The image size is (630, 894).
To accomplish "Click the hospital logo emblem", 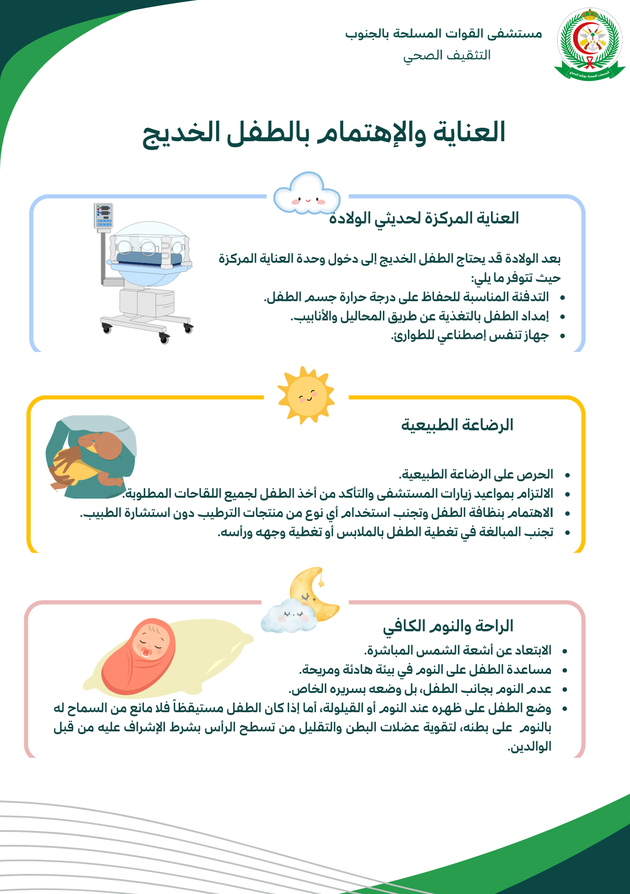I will pos(589,44).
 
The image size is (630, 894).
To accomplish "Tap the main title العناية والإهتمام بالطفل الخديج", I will pos(324,133).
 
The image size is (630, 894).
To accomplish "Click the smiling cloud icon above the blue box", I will pos(307,194).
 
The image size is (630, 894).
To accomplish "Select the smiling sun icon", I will pos(306,395).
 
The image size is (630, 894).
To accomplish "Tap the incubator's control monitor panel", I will pos(103,215).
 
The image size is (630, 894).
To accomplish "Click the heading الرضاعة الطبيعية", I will pos(457,425).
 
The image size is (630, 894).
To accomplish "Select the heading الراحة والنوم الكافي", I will pos(448,626).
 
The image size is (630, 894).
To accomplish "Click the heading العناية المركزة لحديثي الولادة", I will pos(424,218).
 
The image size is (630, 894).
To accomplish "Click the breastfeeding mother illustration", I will pos(91,457).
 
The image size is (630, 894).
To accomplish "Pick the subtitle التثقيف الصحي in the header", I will pos(447,55).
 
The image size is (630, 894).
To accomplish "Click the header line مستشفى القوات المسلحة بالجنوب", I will pos(443,34).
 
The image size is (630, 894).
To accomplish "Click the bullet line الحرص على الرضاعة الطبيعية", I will pos(476,474).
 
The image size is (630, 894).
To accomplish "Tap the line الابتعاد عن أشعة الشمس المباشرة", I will pos(457,650).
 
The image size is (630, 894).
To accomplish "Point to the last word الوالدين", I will pos(529,746).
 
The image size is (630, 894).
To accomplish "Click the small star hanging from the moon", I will pos(321,583).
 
